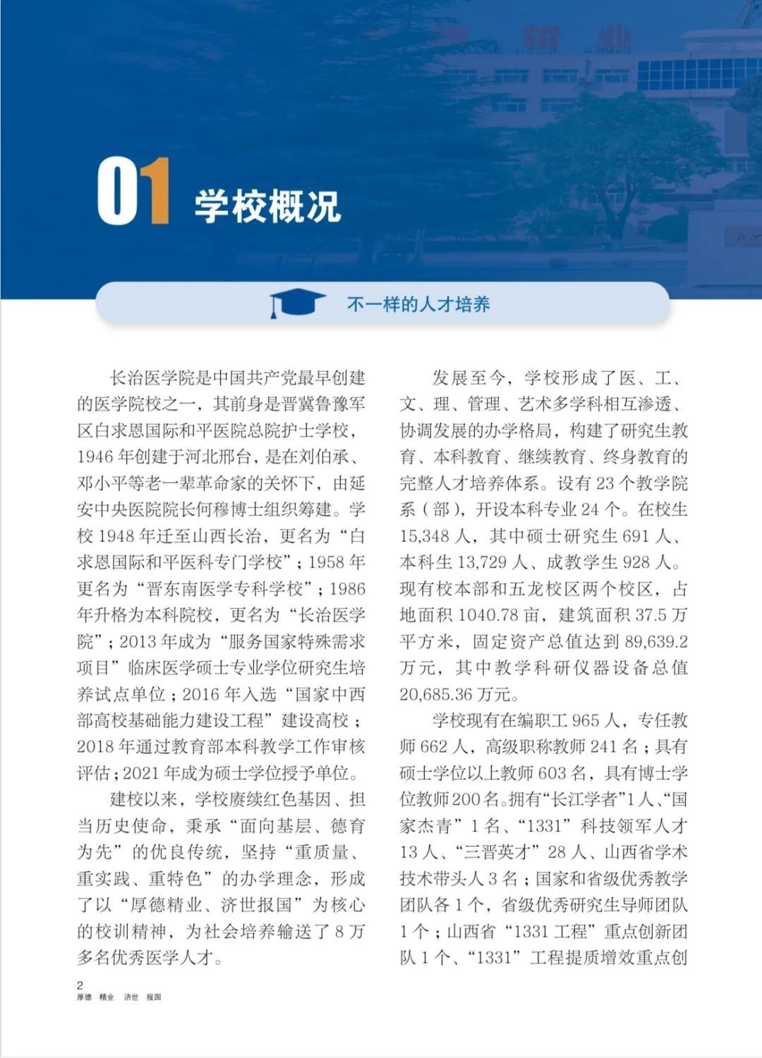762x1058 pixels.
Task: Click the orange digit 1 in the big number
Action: click(x=155, y=192)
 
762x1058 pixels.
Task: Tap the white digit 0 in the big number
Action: click(x=117, y=192)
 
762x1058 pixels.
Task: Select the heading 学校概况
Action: click(x=268, y=206)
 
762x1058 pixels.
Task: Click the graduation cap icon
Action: click(x=296, y=304)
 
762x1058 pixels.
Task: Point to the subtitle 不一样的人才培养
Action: click(x=418, y=305)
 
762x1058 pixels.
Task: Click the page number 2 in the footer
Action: click(x=80, y=985)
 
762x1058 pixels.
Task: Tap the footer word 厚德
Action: click(x=84, y=997)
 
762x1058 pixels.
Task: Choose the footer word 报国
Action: click(x=154, y=997)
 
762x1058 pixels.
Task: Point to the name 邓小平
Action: click(x=102, y=483)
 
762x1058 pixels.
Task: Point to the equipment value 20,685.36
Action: click(x=437, y=695)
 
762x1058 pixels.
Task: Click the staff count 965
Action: click(x=585, y=721)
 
